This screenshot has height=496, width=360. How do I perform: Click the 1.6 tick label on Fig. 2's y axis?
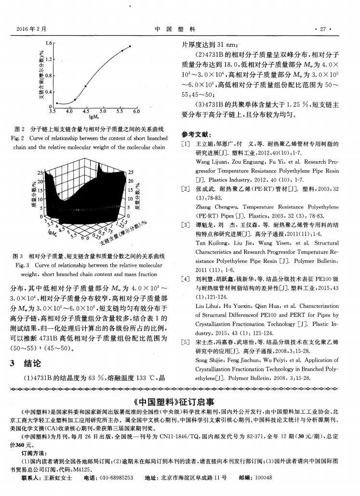(48, 44)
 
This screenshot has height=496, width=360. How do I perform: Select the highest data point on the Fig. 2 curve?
(130, 46)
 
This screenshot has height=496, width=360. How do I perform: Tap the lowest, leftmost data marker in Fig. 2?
(57, 103)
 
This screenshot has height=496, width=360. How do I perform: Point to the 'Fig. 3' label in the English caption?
(25, 265)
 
